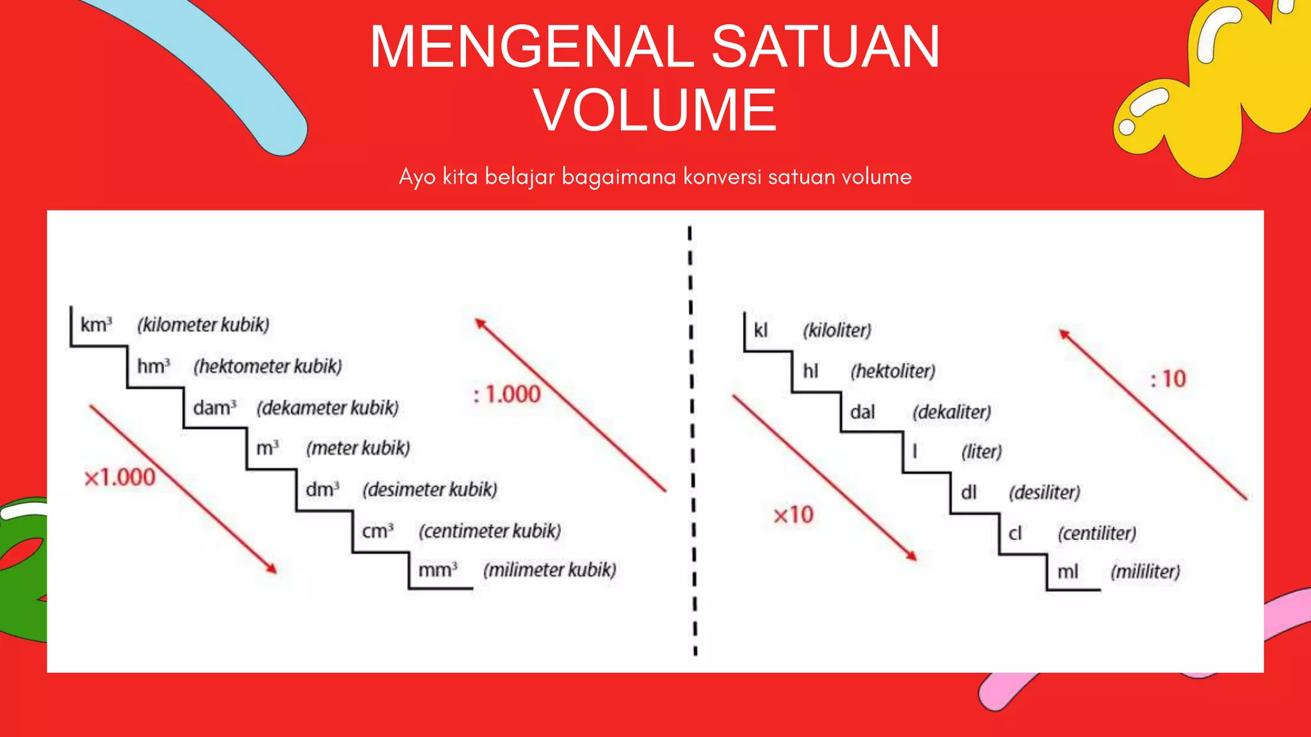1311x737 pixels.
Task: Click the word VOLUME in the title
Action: [655, 110]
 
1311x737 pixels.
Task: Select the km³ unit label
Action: [96, 325]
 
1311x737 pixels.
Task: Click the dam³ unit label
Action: [214, 408]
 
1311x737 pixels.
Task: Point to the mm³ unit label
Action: [438, 570]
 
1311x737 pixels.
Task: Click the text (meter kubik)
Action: [358, 448]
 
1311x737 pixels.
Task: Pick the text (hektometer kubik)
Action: [268, 366]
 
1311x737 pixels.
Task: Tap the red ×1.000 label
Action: [120, 477]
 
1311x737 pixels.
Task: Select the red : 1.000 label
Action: [507, 394]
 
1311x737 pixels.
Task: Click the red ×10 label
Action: [793, 515]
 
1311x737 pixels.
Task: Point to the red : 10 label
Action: [1168, 379]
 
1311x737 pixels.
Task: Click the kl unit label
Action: [760, 331]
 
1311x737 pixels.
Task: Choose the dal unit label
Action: [862, 412]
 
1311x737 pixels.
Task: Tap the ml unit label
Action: [1068, 571]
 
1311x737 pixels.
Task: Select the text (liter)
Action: [981, 452]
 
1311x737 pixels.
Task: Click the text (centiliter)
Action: [1097, 533]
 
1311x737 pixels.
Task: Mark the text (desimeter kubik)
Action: [430, 489]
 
